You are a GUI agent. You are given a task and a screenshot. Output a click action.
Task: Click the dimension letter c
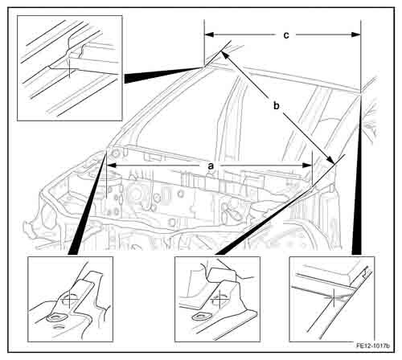[286, 35]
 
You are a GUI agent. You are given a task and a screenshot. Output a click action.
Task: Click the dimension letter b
[277, 105]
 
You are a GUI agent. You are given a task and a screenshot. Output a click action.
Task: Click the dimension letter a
[211, 166]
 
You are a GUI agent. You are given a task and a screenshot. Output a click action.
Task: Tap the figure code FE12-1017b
[373, 346]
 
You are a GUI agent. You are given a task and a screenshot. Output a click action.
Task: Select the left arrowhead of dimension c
[209, 35]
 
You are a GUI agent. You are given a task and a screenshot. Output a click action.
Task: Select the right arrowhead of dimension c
[356, 35]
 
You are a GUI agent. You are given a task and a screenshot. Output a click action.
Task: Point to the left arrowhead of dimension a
[112, 166]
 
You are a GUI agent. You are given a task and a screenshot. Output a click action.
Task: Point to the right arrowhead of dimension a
[307, 166]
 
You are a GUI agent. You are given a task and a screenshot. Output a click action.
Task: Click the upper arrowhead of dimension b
[224, 55]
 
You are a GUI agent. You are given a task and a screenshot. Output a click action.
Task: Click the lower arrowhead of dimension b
[330, 160]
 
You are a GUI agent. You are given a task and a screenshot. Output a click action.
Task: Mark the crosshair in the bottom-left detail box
[69, 298]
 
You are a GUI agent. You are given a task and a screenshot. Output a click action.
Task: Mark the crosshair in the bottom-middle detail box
[219, 297]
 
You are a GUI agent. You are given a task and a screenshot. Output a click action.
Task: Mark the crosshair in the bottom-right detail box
[334, 297]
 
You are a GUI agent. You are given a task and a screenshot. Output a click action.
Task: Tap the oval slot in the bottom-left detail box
[56, 318]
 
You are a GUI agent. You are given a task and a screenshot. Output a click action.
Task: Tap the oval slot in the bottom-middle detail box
[199, 317]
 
